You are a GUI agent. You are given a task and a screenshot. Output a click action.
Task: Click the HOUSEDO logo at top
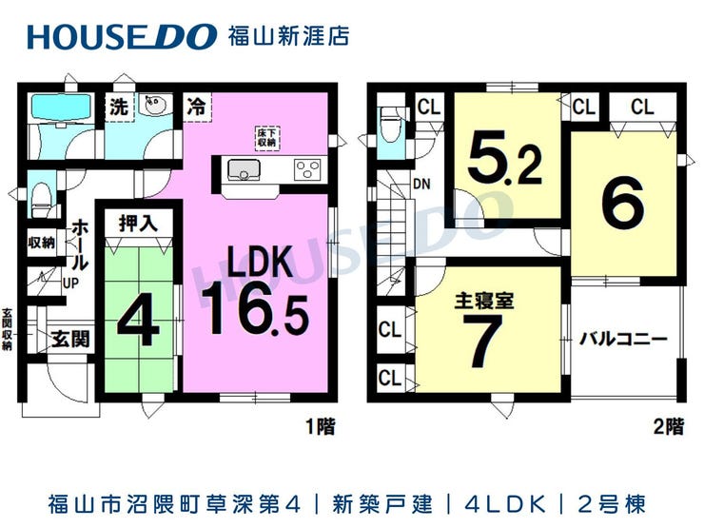click(x=122, y=36)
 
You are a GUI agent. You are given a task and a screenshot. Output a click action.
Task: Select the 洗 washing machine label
click(x=119, y=107)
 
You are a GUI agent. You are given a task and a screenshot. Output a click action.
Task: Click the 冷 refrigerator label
click(x=196, y=107)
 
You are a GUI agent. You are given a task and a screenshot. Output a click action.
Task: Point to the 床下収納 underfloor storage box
click(x=266, y=138)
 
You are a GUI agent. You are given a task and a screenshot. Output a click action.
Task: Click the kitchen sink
click(x=244, y=169)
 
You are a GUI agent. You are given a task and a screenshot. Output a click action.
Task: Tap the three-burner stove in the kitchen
click(x=307, y=169)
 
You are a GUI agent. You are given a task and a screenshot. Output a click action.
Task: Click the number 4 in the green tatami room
click(x=138, y=322)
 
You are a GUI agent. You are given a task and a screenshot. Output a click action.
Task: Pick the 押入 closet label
click(x=138, y=224)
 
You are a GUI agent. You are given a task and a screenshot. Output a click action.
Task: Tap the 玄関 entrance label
click(x=70, y=339)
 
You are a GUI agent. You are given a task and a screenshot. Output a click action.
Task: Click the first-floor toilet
click(x=42, y=199)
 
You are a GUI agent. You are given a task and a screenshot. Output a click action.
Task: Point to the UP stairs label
click(x=70, y=284)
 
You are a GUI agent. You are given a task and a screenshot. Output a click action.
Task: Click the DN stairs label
click(x=421, y=184)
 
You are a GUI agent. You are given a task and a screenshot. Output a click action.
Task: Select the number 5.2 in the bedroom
click(x=504, y=159)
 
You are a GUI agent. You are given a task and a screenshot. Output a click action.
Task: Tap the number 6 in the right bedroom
click(x=623, y=203)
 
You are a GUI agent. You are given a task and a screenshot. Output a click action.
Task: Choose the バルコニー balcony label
click(x=623, y=338)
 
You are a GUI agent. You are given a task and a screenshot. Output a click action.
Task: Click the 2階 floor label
click(x=669, y=426)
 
